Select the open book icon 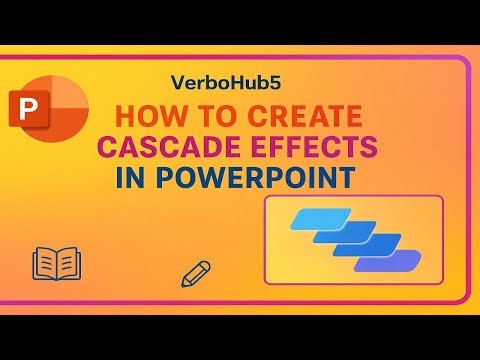coord(56,265)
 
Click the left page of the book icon coord(45,265)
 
